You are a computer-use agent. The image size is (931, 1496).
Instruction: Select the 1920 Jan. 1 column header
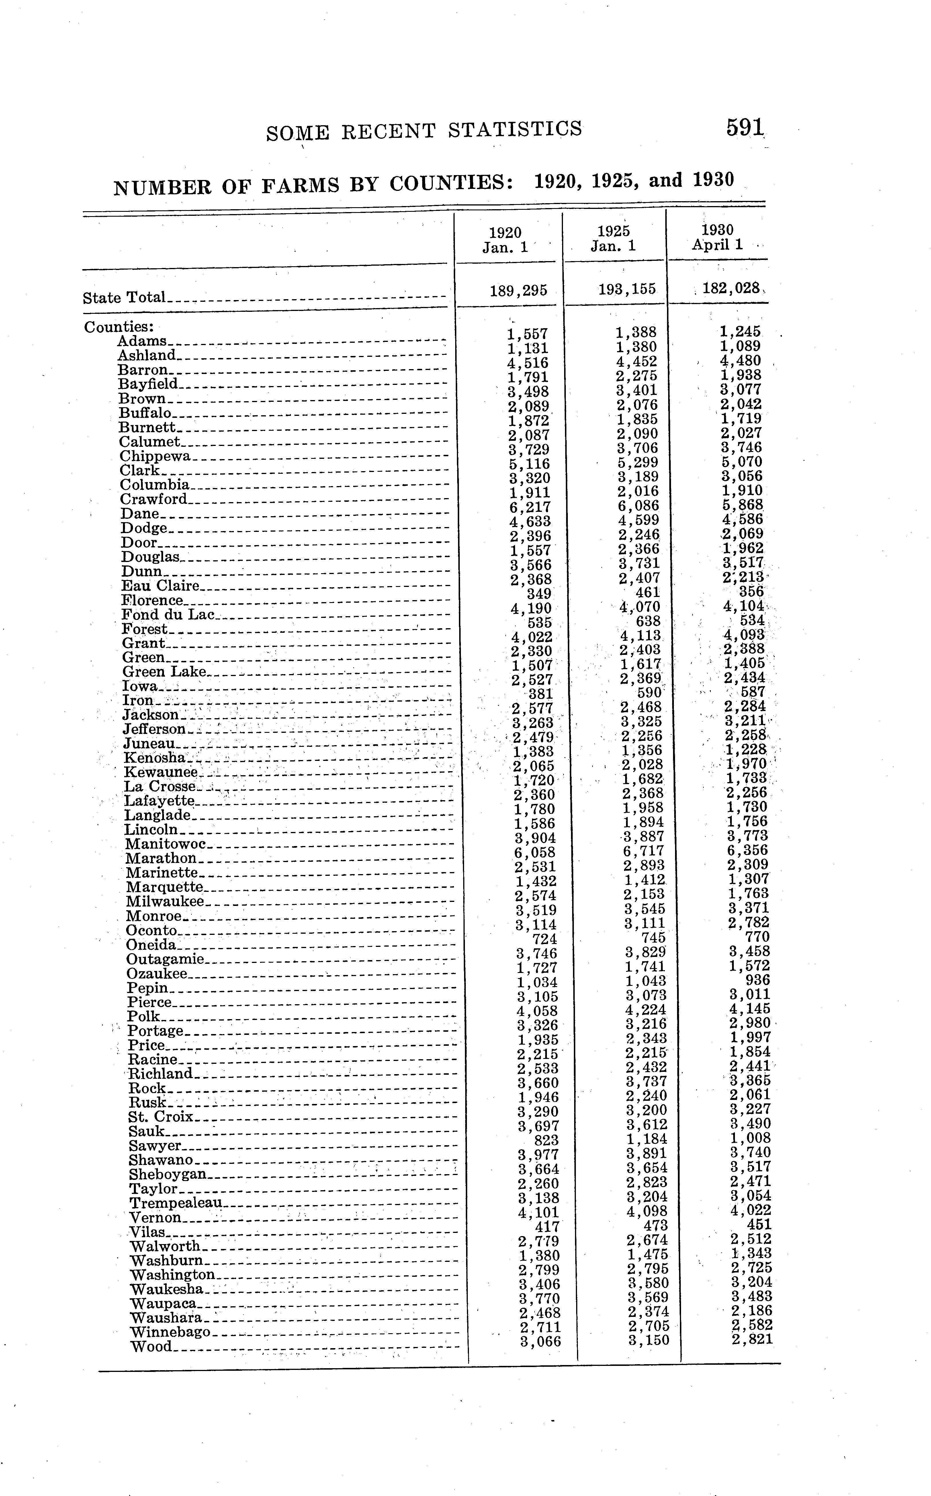pyautogui.click(x=505, y=240)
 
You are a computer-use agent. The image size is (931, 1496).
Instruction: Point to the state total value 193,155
pyautogui.click(x=627, y=289)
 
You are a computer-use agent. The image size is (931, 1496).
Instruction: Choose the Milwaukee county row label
pyautogui.click(x=165, y=901)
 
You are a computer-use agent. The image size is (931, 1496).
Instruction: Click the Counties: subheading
pyautogui.click(x=119, y=327)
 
